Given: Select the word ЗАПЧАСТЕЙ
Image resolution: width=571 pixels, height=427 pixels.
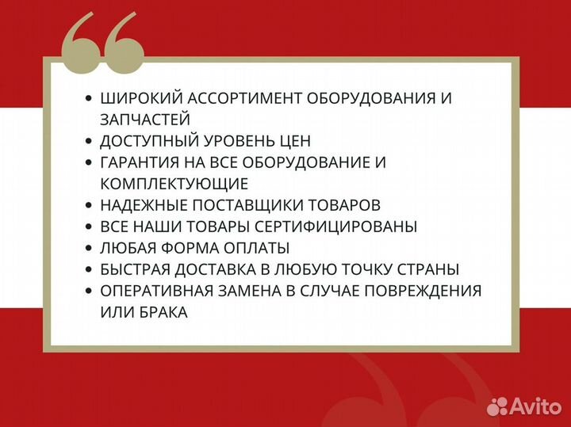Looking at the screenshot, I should (145, 120).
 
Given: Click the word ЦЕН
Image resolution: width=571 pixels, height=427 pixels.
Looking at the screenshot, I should (290, 141).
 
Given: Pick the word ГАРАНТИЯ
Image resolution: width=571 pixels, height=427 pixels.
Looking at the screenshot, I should (140, 162).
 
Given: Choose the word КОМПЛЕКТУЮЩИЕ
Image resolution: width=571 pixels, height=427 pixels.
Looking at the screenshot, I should (174, 184).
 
